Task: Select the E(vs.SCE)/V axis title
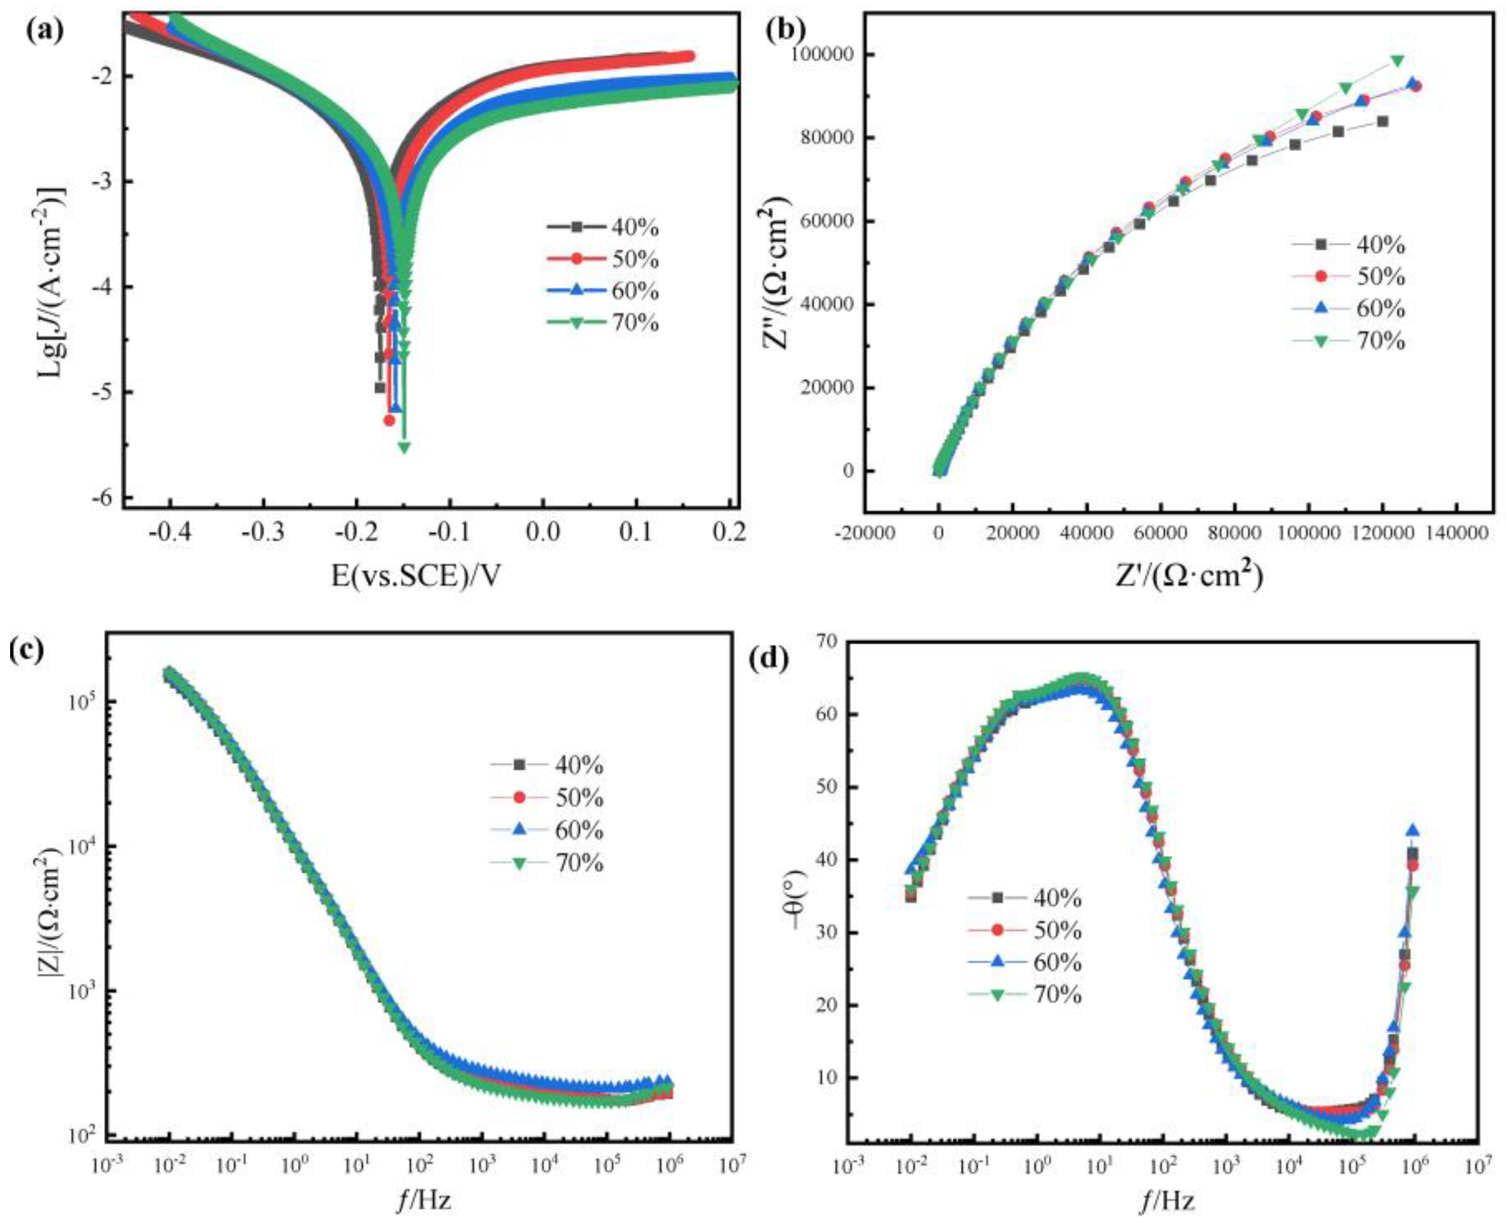click(x=417, y=576)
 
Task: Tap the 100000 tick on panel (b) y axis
click(x=824, y=54)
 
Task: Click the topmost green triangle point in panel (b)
click(x=1397, y=61)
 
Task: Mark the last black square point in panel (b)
click(x=1382, y=121)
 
